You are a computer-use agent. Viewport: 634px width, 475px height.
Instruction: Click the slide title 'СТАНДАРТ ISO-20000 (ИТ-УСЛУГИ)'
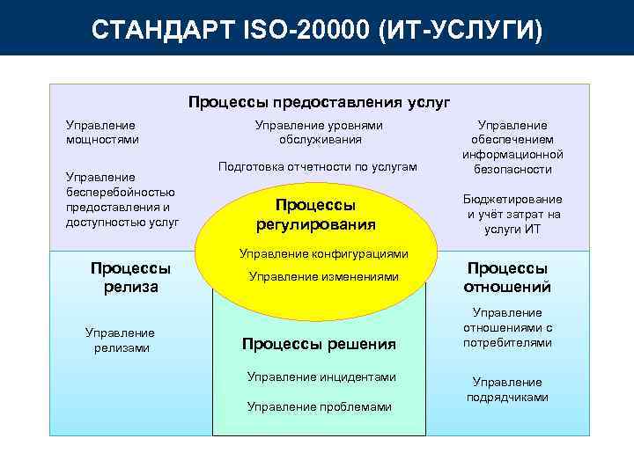(317, 30)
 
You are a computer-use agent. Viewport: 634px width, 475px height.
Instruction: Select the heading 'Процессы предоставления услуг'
(319, 102)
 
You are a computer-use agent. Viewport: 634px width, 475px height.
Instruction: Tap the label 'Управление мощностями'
(101, 132)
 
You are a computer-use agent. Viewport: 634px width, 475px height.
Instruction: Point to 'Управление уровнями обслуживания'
(319, 132)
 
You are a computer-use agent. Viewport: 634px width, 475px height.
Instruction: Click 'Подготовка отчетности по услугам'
(317, 166)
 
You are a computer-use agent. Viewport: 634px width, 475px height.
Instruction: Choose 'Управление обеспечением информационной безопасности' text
(512, 147)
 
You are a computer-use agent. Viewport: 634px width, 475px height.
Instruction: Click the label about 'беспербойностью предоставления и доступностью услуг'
(122, 200)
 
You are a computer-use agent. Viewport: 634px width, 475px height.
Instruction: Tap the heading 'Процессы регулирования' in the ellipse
(316, 214)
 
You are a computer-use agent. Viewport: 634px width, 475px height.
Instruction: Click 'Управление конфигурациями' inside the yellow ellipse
(324, 253)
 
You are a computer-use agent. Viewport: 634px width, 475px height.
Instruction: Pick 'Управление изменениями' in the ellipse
(324, 276)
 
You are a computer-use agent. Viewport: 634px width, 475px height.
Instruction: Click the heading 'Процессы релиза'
(130, 277)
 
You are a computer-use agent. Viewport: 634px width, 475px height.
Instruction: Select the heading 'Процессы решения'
(319, 343)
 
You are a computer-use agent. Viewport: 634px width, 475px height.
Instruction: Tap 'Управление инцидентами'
(321, 376)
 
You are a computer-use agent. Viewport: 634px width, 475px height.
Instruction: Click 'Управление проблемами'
(319, 406)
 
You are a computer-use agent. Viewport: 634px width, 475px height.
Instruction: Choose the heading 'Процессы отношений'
(507, 277)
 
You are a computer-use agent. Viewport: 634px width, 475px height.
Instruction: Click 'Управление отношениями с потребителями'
(507, 327)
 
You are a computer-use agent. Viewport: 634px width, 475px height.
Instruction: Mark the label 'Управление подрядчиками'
(507, 390)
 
